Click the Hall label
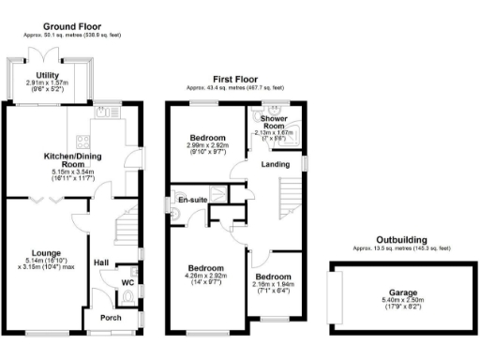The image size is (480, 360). click(x=102, y=262)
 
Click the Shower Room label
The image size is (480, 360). click(x=273, y=122)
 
